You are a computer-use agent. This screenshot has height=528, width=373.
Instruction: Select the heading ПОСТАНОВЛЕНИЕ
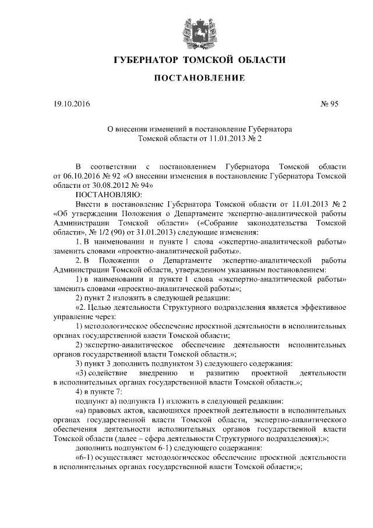click(x=199, y=79)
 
